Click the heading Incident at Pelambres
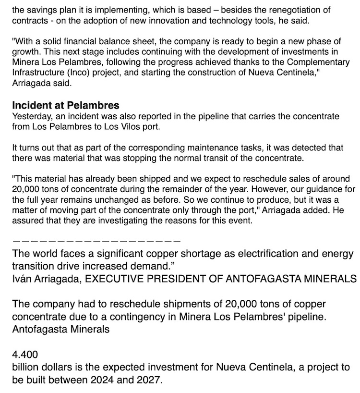click(66, 106)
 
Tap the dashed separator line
click(96, 240)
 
